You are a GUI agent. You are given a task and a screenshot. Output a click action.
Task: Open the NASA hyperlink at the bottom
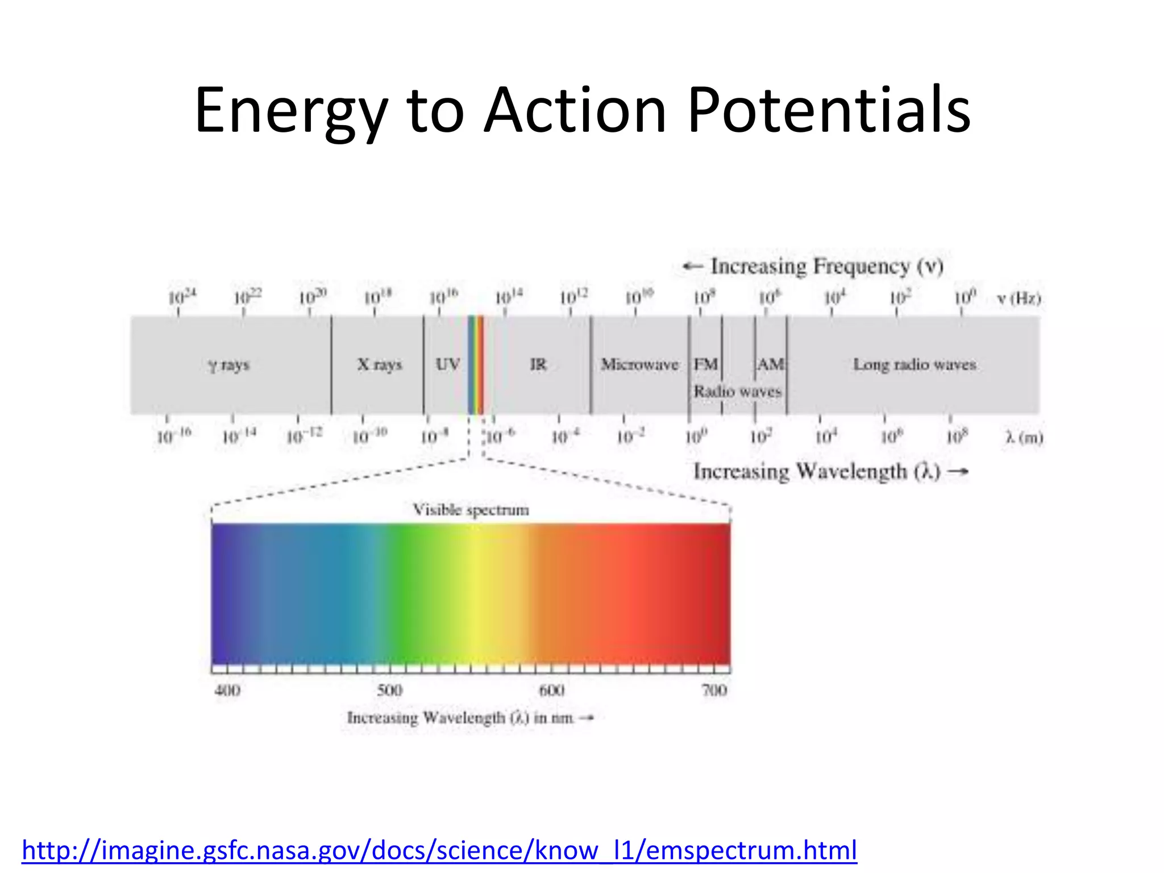[439, 850]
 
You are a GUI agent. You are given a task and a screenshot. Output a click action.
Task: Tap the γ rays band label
[229, 364]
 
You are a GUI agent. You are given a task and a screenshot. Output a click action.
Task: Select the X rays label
[379, 364]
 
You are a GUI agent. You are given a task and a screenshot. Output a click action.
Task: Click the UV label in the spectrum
[448, 364]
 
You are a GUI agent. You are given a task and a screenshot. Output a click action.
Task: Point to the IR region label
[538, 364]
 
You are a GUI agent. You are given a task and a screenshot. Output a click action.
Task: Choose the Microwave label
[639, 364]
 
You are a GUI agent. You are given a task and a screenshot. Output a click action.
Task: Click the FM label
[705, 364]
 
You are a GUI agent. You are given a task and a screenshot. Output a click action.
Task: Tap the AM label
[770, 364]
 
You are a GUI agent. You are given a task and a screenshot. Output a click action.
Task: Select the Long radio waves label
[914, 364]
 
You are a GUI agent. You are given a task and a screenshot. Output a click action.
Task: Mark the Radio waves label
[737, 391]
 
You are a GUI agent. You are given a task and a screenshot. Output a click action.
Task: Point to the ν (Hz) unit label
[1019, 298]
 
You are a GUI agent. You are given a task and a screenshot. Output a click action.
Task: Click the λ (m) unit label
[1024, 437]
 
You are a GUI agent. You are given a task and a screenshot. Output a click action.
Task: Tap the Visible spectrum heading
[471, 509]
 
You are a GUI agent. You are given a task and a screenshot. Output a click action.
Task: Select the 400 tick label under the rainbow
[227, 690]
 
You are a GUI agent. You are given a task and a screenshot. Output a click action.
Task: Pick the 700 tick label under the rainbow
[714, 690]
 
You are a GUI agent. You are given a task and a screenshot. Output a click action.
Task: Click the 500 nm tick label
[390, 690]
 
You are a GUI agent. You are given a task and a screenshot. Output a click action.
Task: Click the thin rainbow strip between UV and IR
[475, 365]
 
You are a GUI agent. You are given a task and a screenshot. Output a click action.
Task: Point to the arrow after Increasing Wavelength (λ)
[958, 471]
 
